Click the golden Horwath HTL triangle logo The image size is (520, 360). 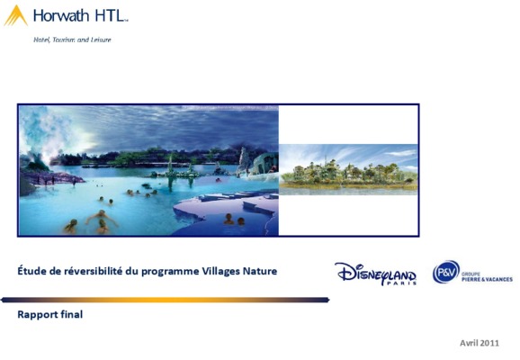pos(15,16)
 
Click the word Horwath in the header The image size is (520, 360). pos(61,15)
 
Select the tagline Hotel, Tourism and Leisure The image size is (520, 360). pos(72,40)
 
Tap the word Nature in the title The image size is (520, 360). pos(260,271)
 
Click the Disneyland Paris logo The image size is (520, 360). pos(376,274)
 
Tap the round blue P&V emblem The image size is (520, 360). pos(446,272)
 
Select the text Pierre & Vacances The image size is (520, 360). pos(488,279)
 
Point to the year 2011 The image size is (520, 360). pos(489,343)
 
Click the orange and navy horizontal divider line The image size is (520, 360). pos(166,300)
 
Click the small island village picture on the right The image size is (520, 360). pos(348,169)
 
